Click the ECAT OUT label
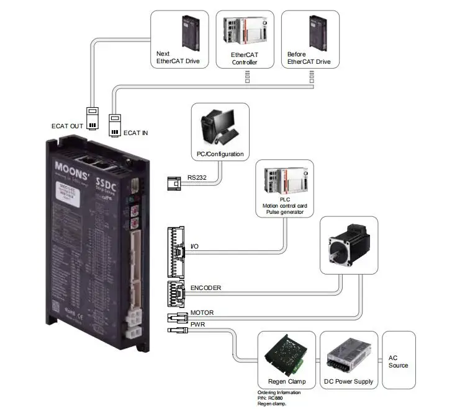coord(66,126)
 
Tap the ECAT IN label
coord(137,133)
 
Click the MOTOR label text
coord(202,313)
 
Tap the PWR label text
coord(197,324)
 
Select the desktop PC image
coord(219,126)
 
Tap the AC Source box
coord(398,361)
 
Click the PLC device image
coord(284,180)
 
